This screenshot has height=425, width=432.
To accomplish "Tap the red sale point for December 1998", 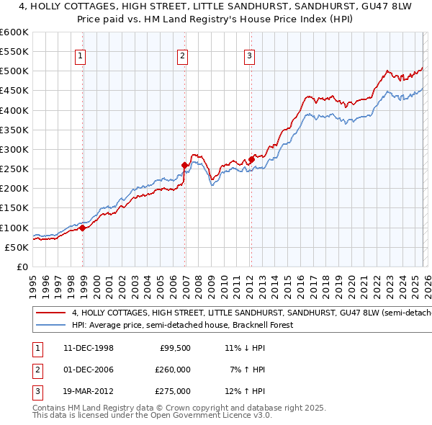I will pos(83,228).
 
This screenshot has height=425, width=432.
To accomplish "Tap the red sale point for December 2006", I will pos(185,165).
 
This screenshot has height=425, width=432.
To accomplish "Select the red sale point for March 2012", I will pos(251,159).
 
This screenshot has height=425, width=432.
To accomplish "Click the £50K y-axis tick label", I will pos(17,247).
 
